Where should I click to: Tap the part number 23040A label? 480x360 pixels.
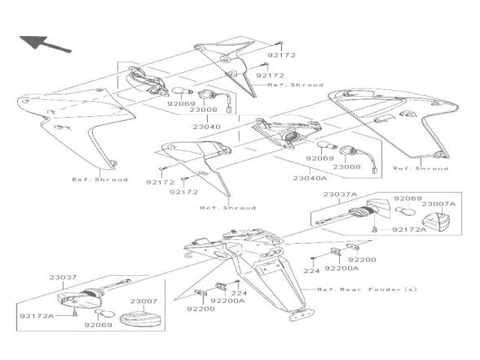pos(308,178)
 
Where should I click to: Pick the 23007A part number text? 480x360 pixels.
pos(436,203)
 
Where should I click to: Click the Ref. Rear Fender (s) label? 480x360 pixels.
pos(365,289)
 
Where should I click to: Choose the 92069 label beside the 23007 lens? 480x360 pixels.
pos(98,326)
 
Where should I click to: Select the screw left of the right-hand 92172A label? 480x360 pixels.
pos(373,229)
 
